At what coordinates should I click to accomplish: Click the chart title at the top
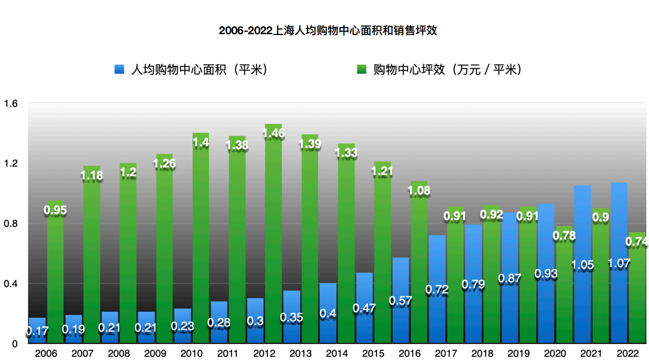point(328,30)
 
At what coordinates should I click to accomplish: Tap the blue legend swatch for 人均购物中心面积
point(119,69)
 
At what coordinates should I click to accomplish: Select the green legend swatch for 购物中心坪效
point(361,69)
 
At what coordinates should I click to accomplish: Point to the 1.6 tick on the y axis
point(11,103)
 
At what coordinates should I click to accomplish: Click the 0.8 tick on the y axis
point(11,224)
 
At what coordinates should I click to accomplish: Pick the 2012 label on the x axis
point(264,353)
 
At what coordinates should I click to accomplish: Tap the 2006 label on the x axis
point(46,353)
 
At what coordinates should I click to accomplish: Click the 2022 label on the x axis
point(627,353)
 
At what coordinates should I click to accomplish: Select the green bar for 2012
point(273,241)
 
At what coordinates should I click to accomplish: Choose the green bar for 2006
point(55,278)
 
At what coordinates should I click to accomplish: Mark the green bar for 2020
point(564,293)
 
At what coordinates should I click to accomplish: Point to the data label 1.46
point(273,133)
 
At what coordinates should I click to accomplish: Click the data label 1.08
point(419,191)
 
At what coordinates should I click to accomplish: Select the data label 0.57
point(400,301)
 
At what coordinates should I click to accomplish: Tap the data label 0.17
point(37,331)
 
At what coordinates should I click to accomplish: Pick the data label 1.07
point(619,263)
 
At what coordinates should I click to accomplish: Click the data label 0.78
point(564,236)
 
